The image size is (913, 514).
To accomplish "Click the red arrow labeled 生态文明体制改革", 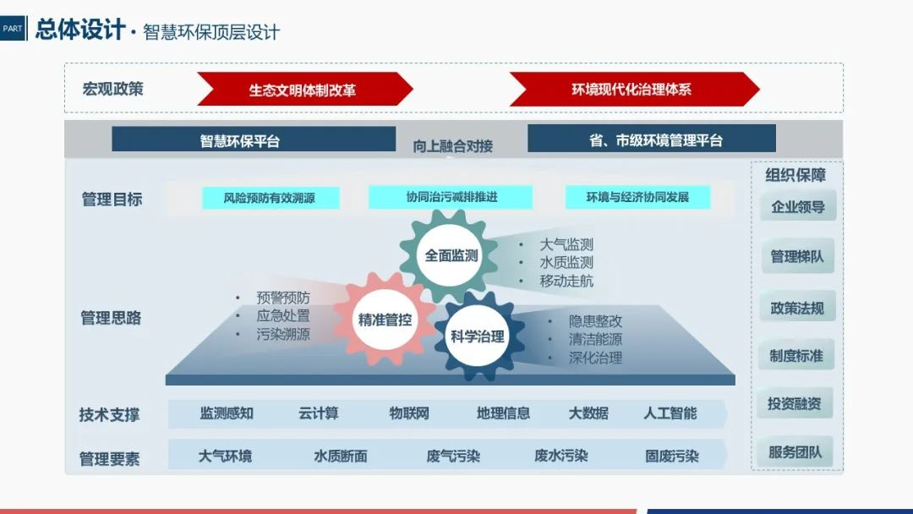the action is click(303, 90).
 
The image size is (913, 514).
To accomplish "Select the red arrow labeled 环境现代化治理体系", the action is click(632, 89).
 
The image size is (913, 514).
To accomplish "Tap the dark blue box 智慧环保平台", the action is click(253, 139).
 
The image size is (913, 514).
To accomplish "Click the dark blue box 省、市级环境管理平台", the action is click(651, 139).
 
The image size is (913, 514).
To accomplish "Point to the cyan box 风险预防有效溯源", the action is click(271, 198).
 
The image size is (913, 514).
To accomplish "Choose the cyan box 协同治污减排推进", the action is click(451, 197).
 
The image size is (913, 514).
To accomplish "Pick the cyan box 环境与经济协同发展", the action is click(637, 197).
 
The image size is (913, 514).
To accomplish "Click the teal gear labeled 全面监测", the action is click(451, 255).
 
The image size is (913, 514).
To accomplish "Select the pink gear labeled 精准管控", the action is click(385, 320).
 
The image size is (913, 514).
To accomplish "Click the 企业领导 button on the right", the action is click(797, 206).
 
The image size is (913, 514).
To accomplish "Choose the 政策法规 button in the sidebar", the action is click(797, 307).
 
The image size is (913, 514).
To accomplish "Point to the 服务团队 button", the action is click(797, 452).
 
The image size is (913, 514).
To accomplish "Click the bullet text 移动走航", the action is click(566, 282).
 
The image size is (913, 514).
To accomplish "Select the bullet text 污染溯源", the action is click(283, 335).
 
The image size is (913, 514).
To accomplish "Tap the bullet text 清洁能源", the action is click(595, 340).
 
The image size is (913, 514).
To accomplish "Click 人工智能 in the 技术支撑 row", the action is click(670, 413).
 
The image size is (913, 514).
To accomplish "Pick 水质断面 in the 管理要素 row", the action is click(340, 457).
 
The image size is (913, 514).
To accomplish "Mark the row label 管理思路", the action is click(111, 319).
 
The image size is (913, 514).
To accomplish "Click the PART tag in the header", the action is click(13, 28).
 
